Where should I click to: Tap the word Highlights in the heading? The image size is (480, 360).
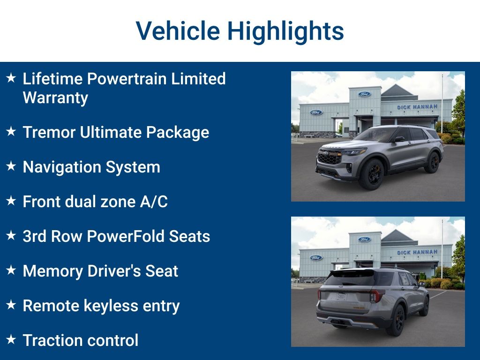point(285,31)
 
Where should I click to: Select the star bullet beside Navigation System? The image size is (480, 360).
point(11,166)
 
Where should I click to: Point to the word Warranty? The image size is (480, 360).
point(55,97)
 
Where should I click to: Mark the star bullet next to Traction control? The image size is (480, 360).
point(11,340)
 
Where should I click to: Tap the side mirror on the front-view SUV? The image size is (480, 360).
point(399,139)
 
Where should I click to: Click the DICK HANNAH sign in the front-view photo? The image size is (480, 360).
point(417,107)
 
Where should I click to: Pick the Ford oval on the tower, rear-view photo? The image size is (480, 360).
point(364,240)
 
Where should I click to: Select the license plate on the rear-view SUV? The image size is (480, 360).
point(341,296)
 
